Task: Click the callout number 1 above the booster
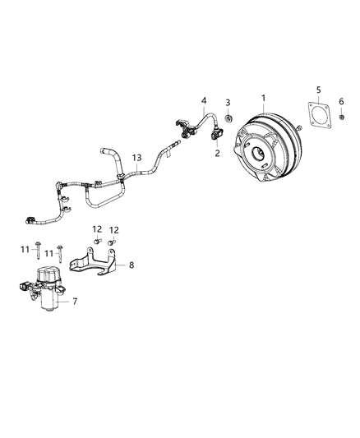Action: tap(263, 99)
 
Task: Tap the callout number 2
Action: tap(217, 153)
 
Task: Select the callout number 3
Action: tap(228, 102)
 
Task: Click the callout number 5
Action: tap(319, 88)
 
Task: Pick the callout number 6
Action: tap(342, 101)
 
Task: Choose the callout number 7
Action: tap(75, 302)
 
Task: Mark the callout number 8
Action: tap(132, 265)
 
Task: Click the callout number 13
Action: tap(136, 158)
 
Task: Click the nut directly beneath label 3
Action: tap(228, 114)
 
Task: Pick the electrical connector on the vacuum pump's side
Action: tap(22, 288)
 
